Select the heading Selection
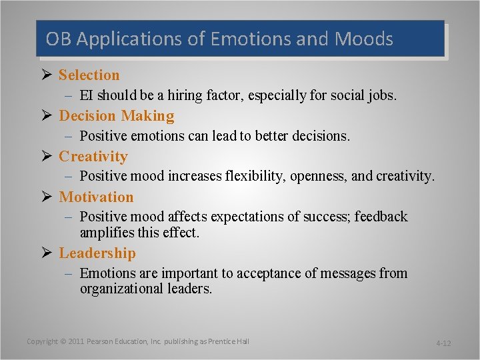tap(89, 75)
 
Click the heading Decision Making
tap(117, 116)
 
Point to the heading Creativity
tap(93, 157)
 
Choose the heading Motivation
tap(97, 197)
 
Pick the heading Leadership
tap(97, 253)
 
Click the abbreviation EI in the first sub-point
tap(86, 96)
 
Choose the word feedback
tap(381, 217)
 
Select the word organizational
tap(129, 289)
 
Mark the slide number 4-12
tap(443, 343)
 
